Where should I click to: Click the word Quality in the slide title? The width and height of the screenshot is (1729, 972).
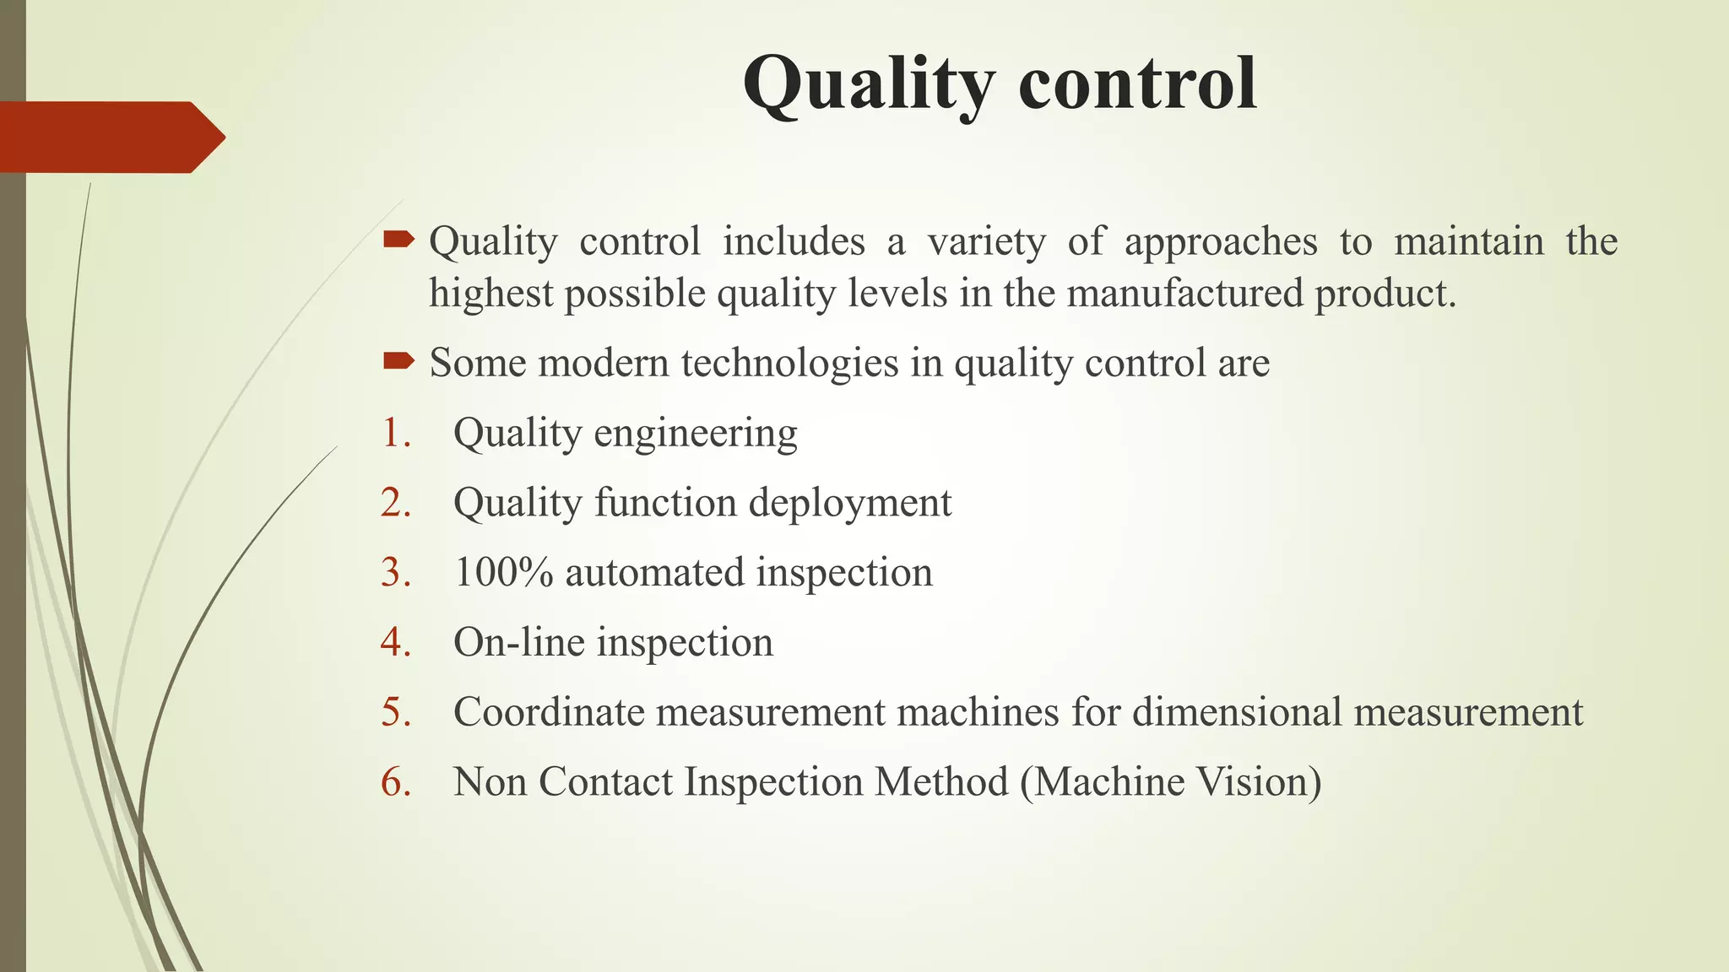(870, 84)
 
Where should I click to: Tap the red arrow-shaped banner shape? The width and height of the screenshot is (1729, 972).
(110, 137)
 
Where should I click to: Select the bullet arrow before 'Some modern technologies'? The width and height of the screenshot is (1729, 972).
(398, 362)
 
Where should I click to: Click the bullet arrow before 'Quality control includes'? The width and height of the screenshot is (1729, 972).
(398, 241)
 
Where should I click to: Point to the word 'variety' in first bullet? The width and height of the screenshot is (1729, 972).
(986, 243)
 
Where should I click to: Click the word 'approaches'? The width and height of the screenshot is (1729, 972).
(1221, 243)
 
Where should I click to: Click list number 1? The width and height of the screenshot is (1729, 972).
(395, 433)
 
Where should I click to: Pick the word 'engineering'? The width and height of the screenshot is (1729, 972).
(696, 435)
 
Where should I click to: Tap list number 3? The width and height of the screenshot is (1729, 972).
(395, 573)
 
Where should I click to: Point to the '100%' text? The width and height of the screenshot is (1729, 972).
(503, 573)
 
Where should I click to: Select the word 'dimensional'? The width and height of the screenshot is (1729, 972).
(1237, 712)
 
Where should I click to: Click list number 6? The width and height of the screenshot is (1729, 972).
(395, 782)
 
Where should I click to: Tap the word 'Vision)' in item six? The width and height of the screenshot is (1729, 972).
(1261, 782)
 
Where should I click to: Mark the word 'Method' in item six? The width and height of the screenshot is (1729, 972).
(940, 782)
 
